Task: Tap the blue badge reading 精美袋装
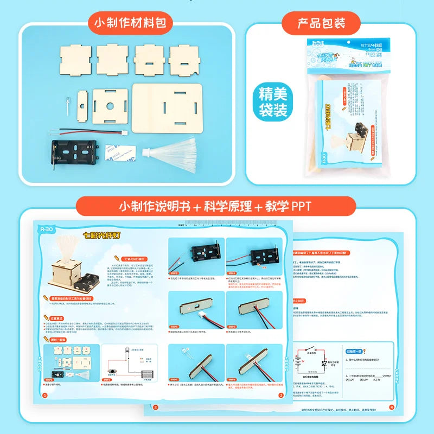[273, 103]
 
